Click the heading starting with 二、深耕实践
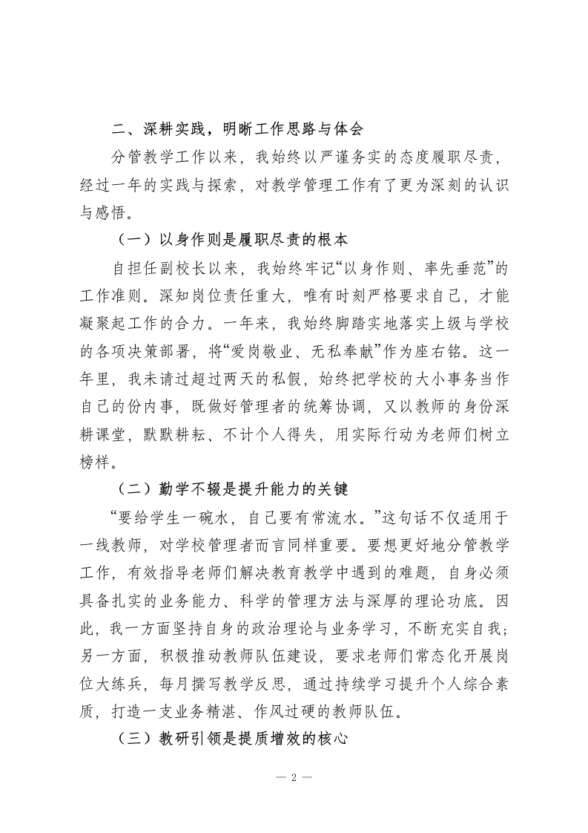point(237,128)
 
